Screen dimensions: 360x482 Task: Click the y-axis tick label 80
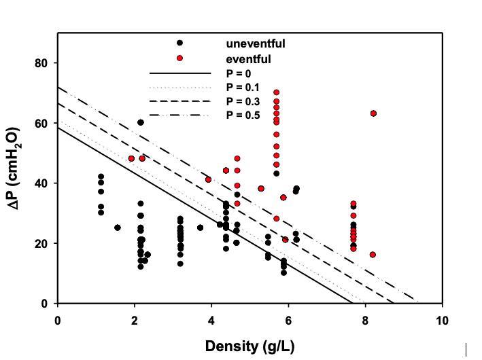(x=42, y=63)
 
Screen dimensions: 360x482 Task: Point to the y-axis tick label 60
(x=42, y=123)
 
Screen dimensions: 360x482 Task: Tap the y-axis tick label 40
(x=42, y=183)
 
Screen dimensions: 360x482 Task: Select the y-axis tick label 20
(x=42, y=243)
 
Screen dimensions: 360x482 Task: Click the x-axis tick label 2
(x=135, y=320)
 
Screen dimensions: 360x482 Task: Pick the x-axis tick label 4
(x=211, y=320)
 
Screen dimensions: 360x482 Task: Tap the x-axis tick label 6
(x=289, y=320)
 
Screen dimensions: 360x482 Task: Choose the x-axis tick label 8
(x=366, y=320)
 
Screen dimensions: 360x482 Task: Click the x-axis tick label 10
(x=443, y=320)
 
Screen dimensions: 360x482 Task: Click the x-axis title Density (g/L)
(x=249, y=346)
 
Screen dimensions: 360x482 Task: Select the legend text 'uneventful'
(x=256, y=44)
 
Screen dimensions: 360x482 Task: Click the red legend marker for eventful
(x=179, y=58)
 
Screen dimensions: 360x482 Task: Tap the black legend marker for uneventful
(x=179, y=43)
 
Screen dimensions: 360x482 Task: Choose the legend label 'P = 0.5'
(x=243, y=115)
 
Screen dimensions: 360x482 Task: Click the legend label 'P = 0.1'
(x=243, y=87)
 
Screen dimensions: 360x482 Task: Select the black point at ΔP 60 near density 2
(x=141, y=122)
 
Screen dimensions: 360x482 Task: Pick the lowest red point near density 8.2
(x=373, y=255)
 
